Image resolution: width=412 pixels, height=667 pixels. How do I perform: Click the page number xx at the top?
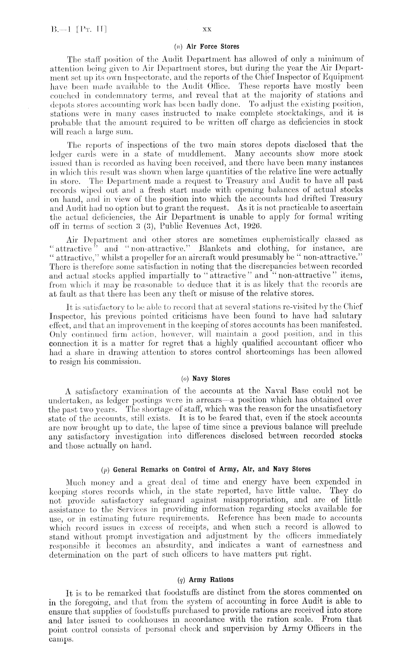point(206,28)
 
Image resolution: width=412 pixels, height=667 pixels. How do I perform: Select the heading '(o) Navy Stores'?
point(206,379)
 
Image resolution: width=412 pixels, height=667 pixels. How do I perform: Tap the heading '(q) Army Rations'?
point(206,579)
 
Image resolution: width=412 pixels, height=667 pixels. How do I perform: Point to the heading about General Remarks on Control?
point(206,469)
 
